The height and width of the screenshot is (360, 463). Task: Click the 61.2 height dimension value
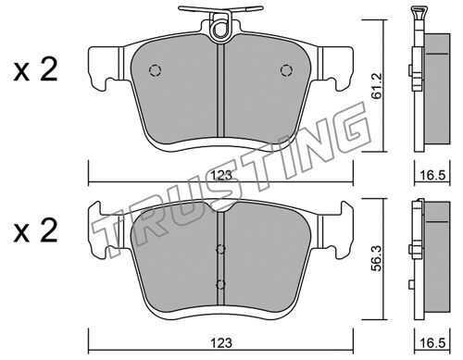(x=377, y=86)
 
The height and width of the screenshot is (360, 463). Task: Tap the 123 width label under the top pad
(x=221, y=176)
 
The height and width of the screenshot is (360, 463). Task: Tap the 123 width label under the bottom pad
(x=221, y=343)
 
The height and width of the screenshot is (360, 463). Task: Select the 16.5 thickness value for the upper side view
(x=432, y=176)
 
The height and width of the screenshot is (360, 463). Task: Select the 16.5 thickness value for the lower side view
(x=432, y=343)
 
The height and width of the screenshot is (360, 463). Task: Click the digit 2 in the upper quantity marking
(x=47, y=70)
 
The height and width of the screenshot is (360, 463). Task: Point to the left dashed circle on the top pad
(x=155, y=70)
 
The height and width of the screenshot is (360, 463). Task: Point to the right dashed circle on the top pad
(x=286, y=70)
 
